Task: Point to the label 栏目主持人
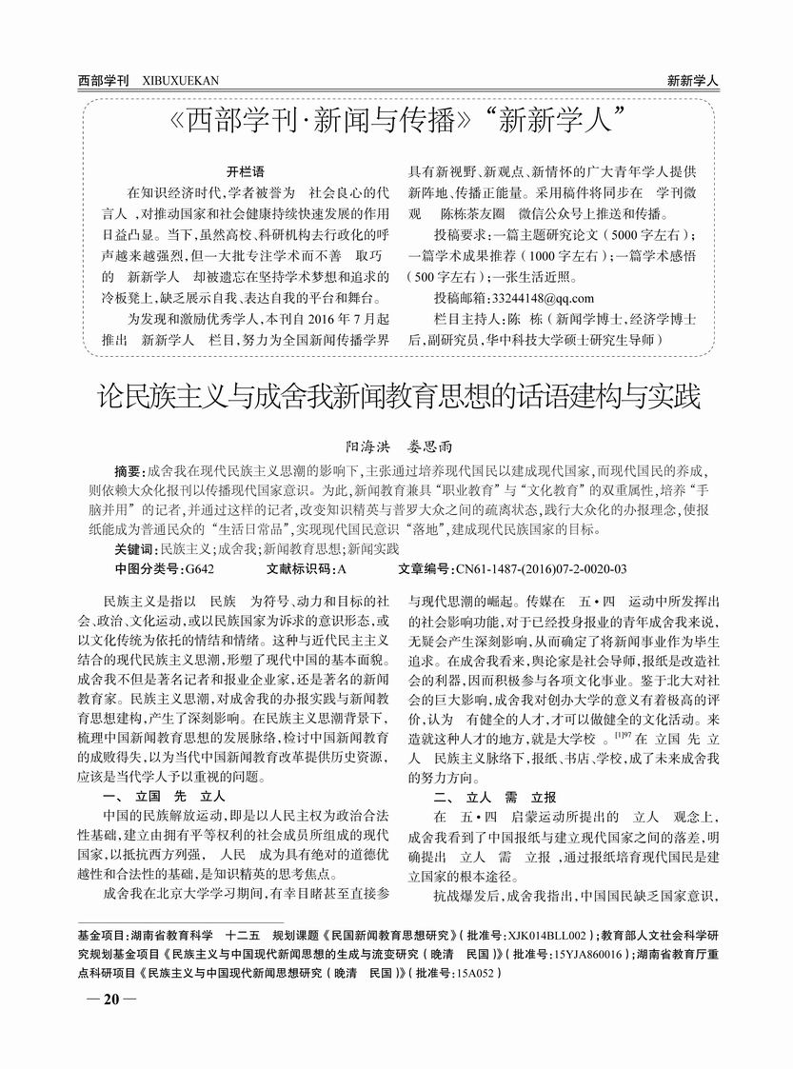(466, 319)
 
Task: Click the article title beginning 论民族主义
(399, 395)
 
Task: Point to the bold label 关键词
(134, 549)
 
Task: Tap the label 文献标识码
(298, 569)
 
